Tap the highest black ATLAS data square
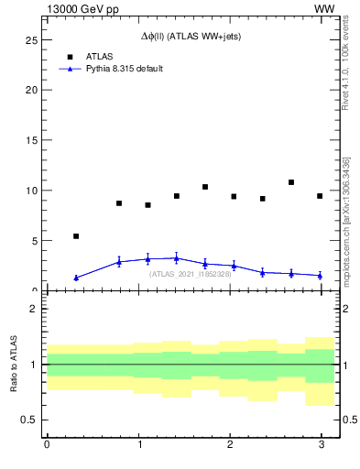click(x=291, y=182)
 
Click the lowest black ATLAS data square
click(x=76, y=236)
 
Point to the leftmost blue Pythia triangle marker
click(x=76, y=278)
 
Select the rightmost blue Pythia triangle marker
click(x=320, y=275)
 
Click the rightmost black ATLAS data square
click(x=320, y=196)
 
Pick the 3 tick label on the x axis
click(x=322, y=445)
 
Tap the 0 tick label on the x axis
click(x=47, y=445)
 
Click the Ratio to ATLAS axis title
click(x=14, y=365)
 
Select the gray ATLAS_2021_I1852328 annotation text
click(x=191, y=274)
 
